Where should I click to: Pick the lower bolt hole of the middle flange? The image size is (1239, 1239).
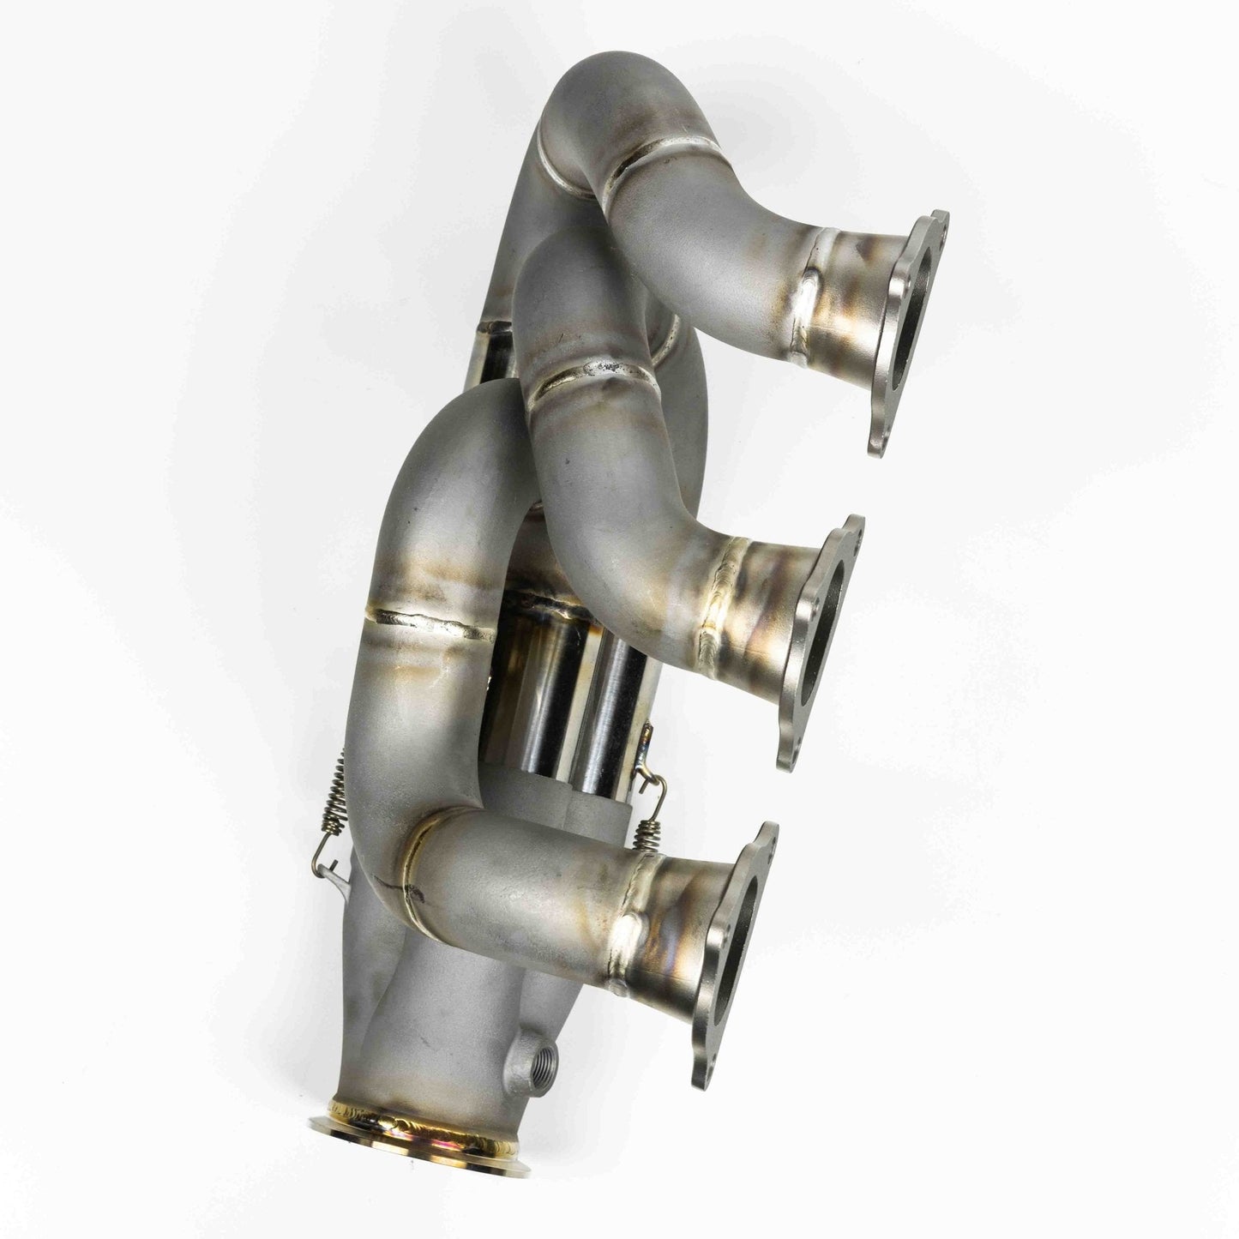(x=787, y=754)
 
